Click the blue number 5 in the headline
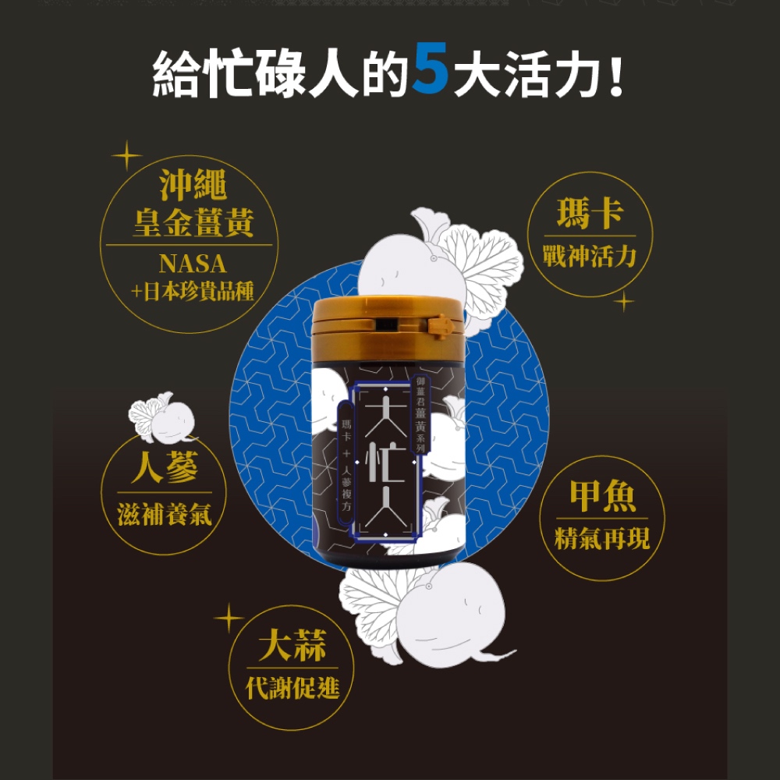click(431, 68)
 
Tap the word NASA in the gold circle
click(193, 264)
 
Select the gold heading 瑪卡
click(590, 213)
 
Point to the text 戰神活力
click(590, 256)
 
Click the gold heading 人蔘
click(164, 467)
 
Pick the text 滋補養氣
click(164, 514)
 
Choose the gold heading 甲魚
click(602, 495)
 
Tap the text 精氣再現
click(602, 539)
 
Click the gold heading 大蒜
click(292, 645)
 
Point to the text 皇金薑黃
click(194, 222)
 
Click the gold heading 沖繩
click(193, 185)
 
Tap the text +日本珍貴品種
click(193, 292)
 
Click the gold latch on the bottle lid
click(441, 326)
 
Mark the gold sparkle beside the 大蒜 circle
click(229, 618)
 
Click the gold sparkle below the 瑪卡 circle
click(624, 301)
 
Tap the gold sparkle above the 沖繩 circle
click(127, 156)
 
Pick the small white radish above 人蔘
click(162, 418)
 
